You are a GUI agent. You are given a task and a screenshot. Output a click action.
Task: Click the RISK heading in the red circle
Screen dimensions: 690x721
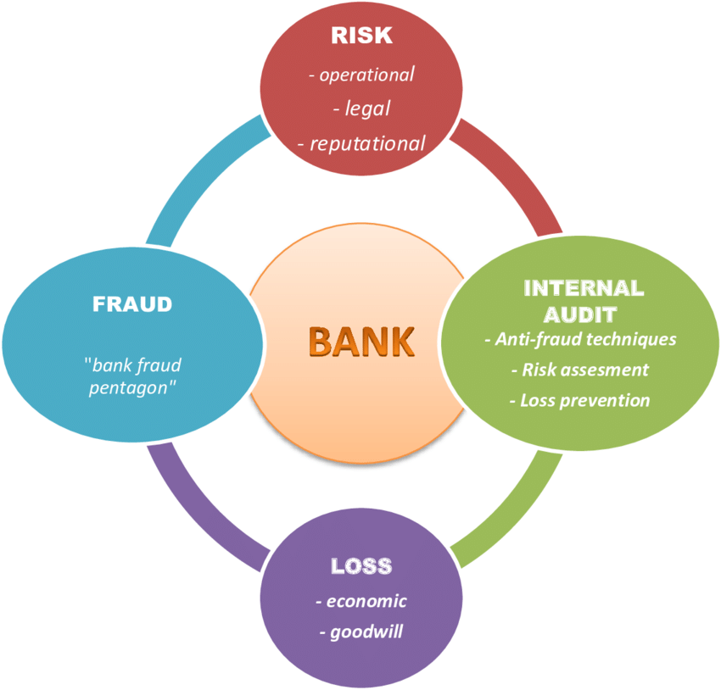360,36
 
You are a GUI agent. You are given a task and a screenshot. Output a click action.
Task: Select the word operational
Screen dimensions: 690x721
366,75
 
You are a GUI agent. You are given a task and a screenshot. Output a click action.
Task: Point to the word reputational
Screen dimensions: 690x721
367,143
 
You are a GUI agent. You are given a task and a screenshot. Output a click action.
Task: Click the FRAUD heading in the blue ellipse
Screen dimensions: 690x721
131,303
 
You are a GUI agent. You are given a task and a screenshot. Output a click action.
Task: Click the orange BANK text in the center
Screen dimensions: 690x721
361,341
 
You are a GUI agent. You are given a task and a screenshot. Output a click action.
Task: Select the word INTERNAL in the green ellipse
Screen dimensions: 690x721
584,287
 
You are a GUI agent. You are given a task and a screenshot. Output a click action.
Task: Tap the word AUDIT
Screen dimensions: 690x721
581,314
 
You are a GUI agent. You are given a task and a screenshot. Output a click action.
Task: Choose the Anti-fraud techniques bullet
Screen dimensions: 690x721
580,339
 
